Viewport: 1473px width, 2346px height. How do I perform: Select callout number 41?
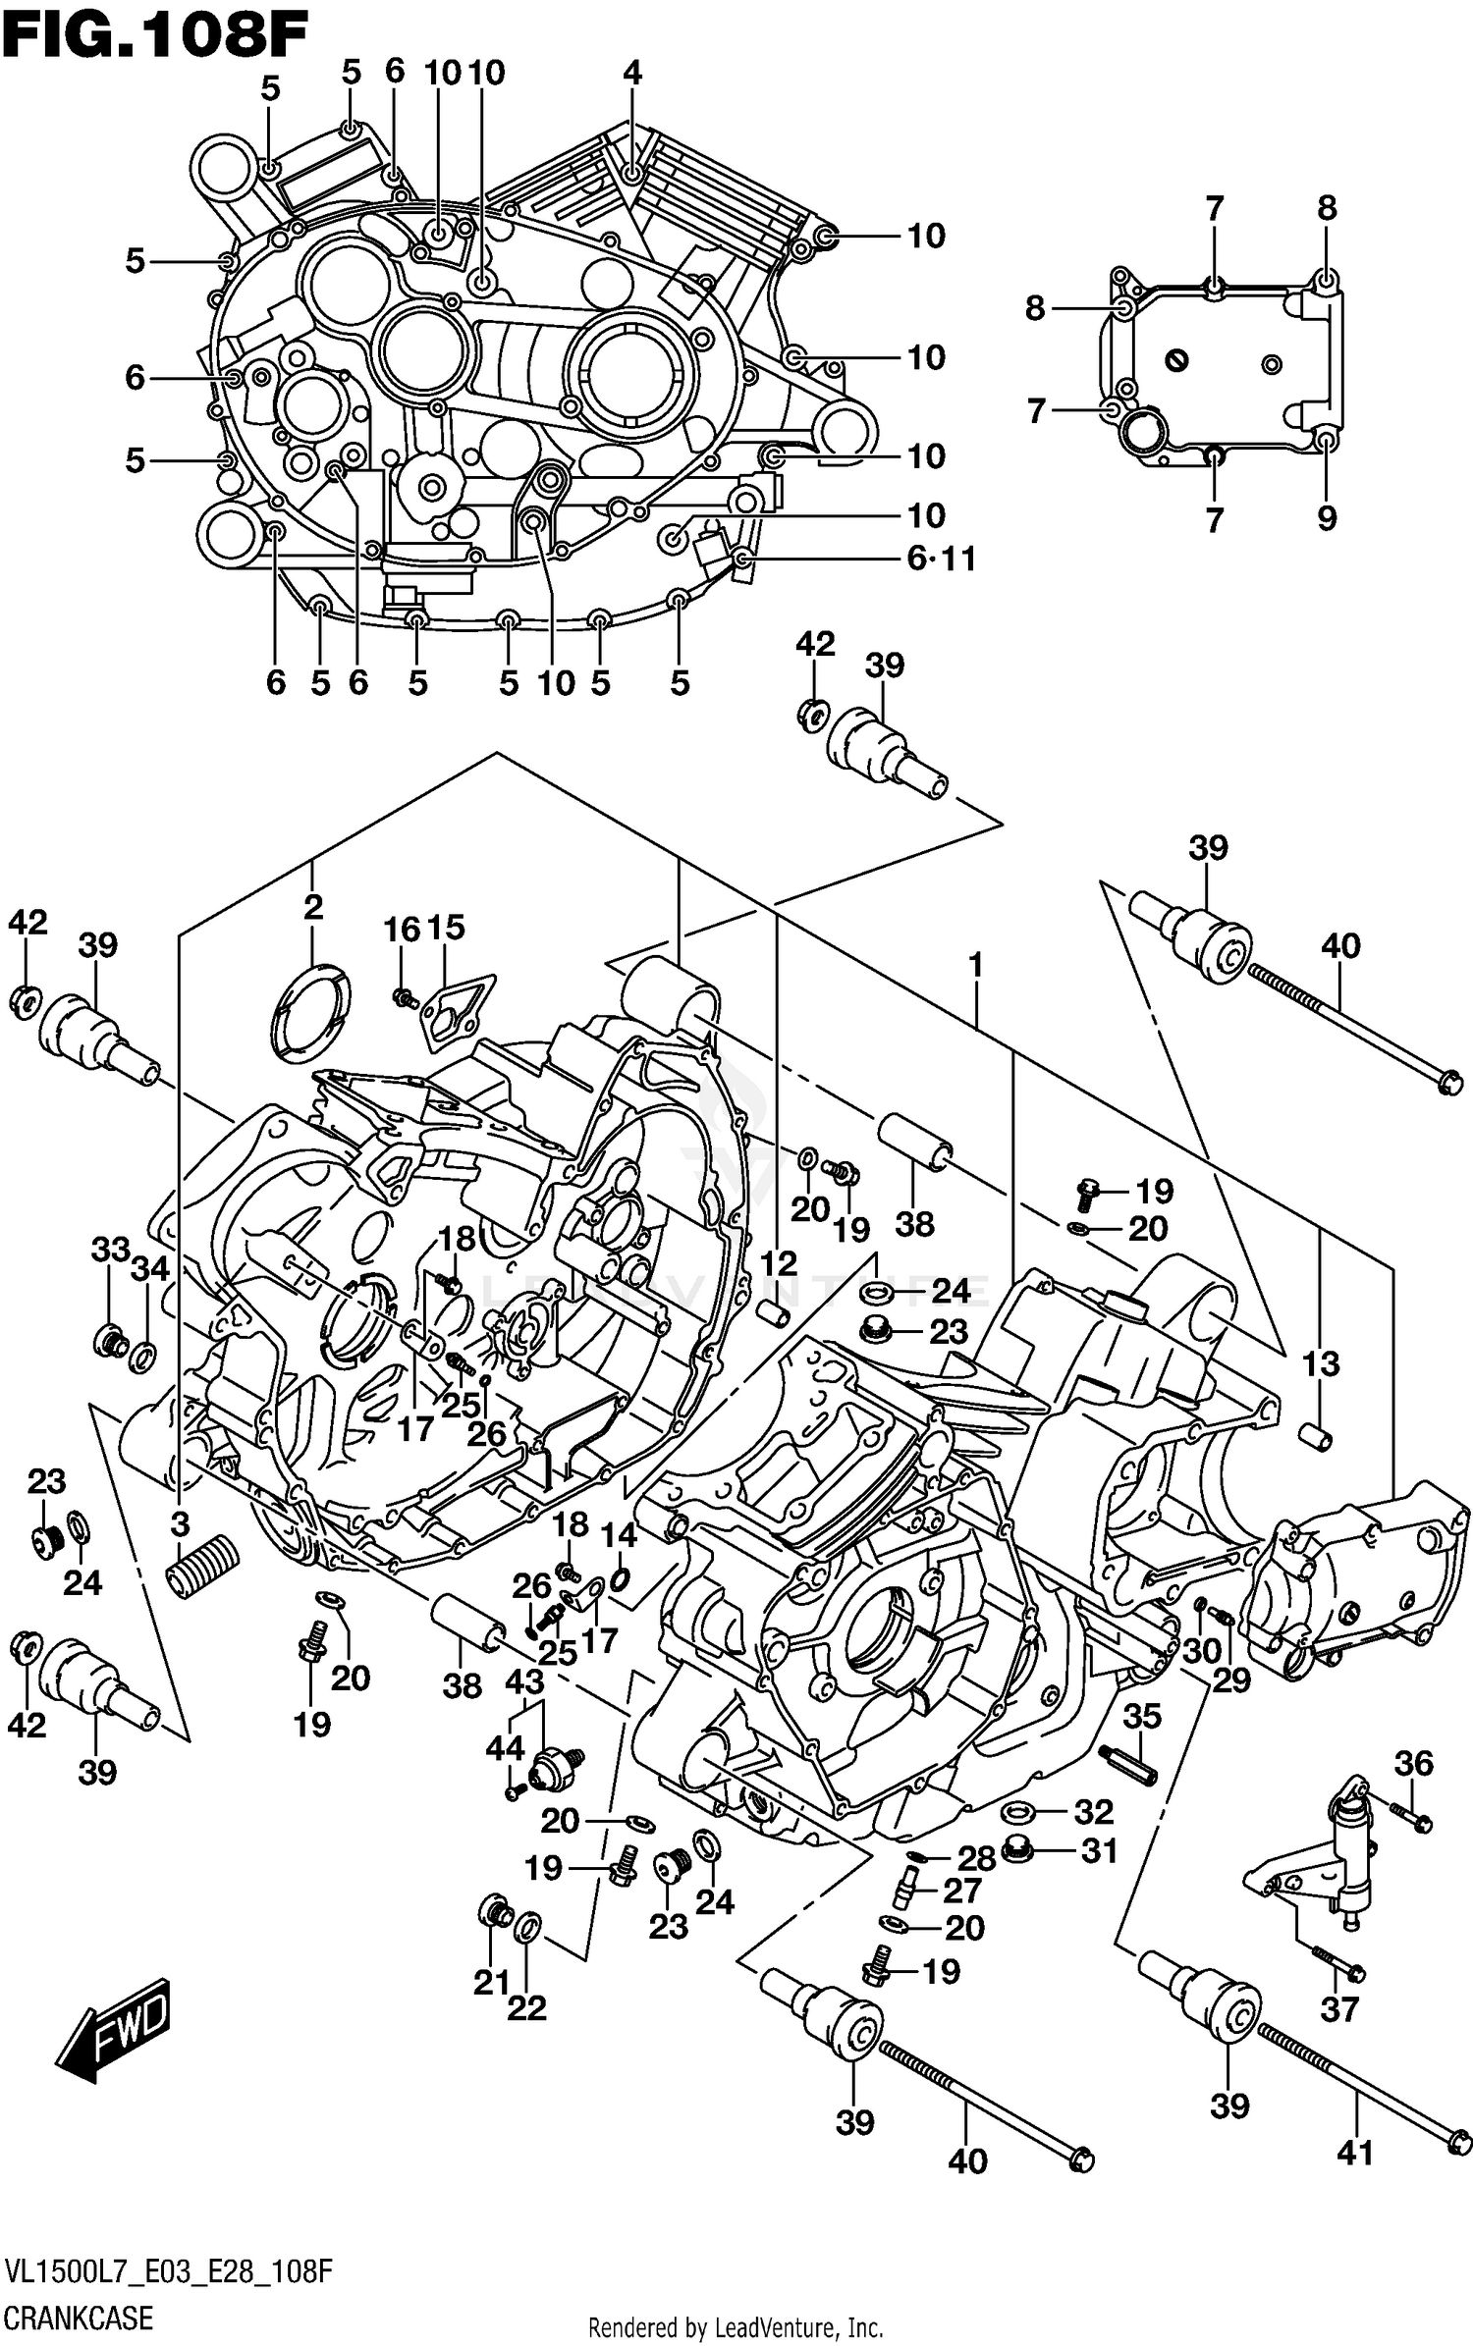click(1355, 2152)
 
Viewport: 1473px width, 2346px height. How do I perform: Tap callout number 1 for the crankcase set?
click(975, 965)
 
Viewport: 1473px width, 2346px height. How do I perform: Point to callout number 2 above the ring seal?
click(312, 906)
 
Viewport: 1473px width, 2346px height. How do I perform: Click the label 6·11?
click(941, 559)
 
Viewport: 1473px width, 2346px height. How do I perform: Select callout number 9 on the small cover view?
click(1327, 517)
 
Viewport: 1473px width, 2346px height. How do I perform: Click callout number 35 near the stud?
click(1141, 1716)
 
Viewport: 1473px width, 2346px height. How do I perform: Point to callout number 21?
click(492, 1982)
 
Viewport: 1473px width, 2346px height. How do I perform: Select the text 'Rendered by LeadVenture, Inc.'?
click(736, 2327)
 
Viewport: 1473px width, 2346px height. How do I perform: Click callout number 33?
click(110, 1250)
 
